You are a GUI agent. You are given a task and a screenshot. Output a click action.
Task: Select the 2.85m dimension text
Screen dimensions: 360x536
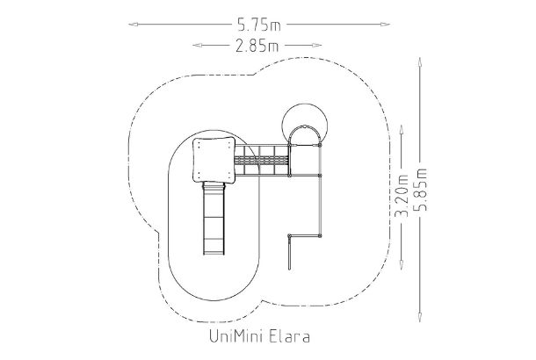pos(258,44)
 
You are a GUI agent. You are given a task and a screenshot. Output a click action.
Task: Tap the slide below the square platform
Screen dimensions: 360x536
pos(214,220)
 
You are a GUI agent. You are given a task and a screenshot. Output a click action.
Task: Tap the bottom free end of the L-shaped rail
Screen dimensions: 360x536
pos(289,266)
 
